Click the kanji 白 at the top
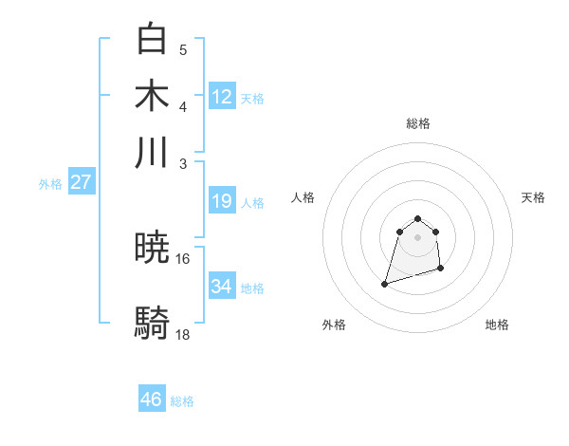tap(153, 40)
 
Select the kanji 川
tap(153, 153)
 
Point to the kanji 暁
tap(153, 250)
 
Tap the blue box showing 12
tap(222, 96)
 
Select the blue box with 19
tap(222, 201)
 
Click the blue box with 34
tap(222, 287)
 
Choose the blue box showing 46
tap(152, 400)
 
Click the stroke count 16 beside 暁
tap(183, 258)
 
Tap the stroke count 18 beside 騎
tap(183, 335)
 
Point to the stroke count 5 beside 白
tap(183, 50)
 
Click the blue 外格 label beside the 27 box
tap(50, 184)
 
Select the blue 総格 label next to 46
tap(182, 401)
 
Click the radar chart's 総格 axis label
tap(418, 123)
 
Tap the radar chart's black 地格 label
tap(497, 325)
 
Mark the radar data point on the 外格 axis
tap(385, 283)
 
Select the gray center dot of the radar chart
tap(418, 237)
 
